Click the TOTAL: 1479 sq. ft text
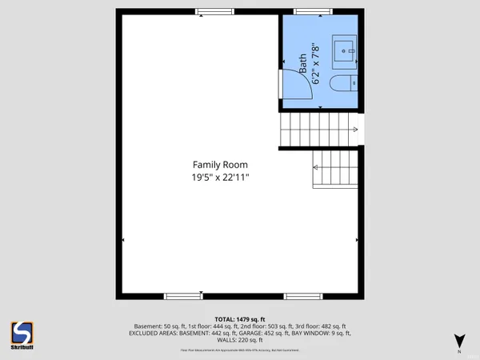(240, 318)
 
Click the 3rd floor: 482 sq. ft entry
(323, 326)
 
